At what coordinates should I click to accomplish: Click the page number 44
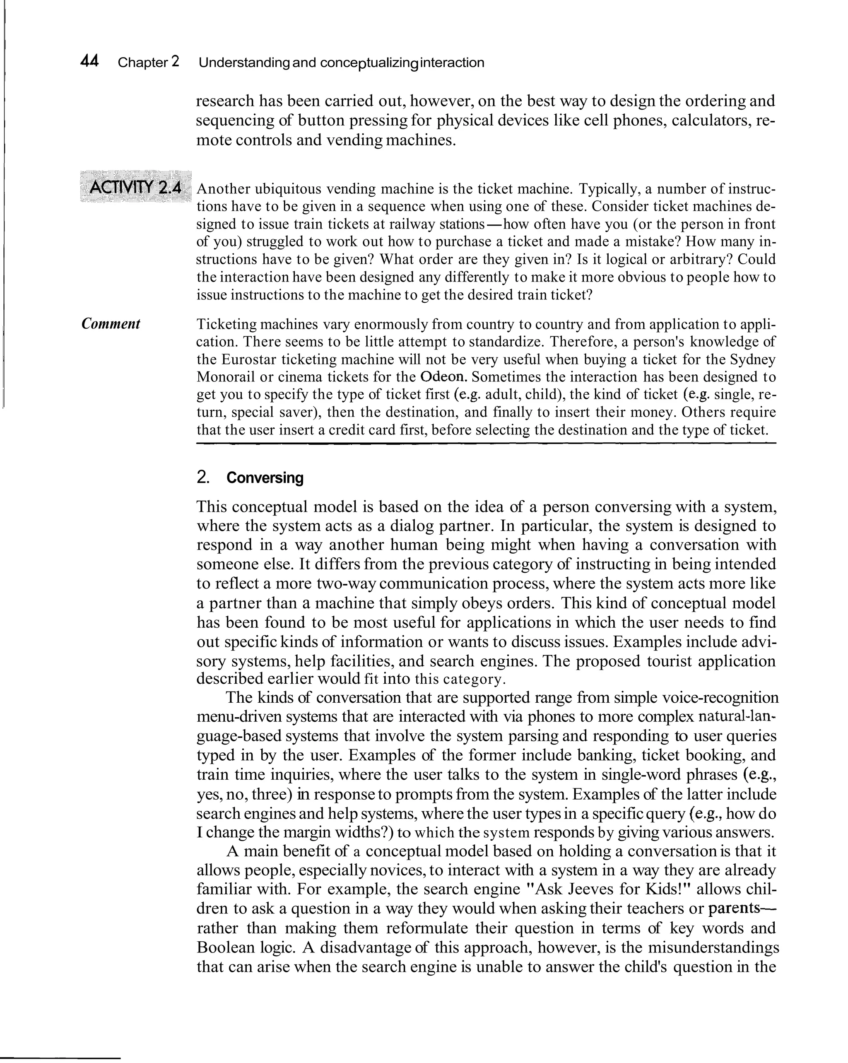tap(89, 62)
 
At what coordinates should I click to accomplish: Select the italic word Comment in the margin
tap(111, 324)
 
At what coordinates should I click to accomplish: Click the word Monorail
tap(225, 377)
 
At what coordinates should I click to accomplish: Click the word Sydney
tap(753, 359)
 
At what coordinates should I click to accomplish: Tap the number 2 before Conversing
tap(202, 478)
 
